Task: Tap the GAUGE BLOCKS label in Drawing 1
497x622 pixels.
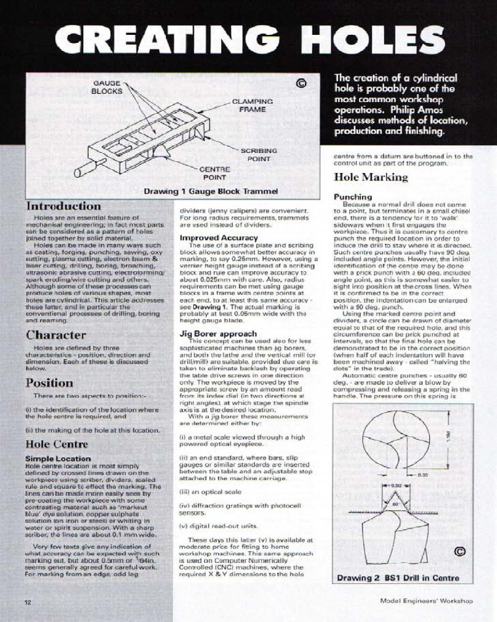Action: click(107, 86)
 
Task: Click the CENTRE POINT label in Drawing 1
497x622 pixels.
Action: click(215, 173)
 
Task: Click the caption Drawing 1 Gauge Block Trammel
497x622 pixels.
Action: click(210, 191)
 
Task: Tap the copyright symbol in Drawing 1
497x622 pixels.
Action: click(301, 83)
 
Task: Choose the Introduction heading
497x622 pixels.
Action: click(63, 206)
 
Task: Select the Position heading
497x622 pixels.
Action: click(50, 383)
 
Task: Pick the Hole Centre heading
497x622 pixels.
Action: click(57, 444)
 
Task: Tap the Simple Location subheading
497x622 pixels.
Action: click(58, 458)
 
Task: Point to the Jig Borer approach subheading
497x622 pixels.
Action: click(217, 333)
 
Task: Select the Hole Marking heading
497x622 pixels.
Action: click(371, 177)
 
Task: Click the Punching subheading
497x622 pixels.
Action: click(353, 197)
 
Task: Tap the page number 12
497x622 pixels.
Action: click(28, 602)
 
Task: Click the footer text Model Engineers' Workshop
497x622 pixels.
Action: click(426, 601)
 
